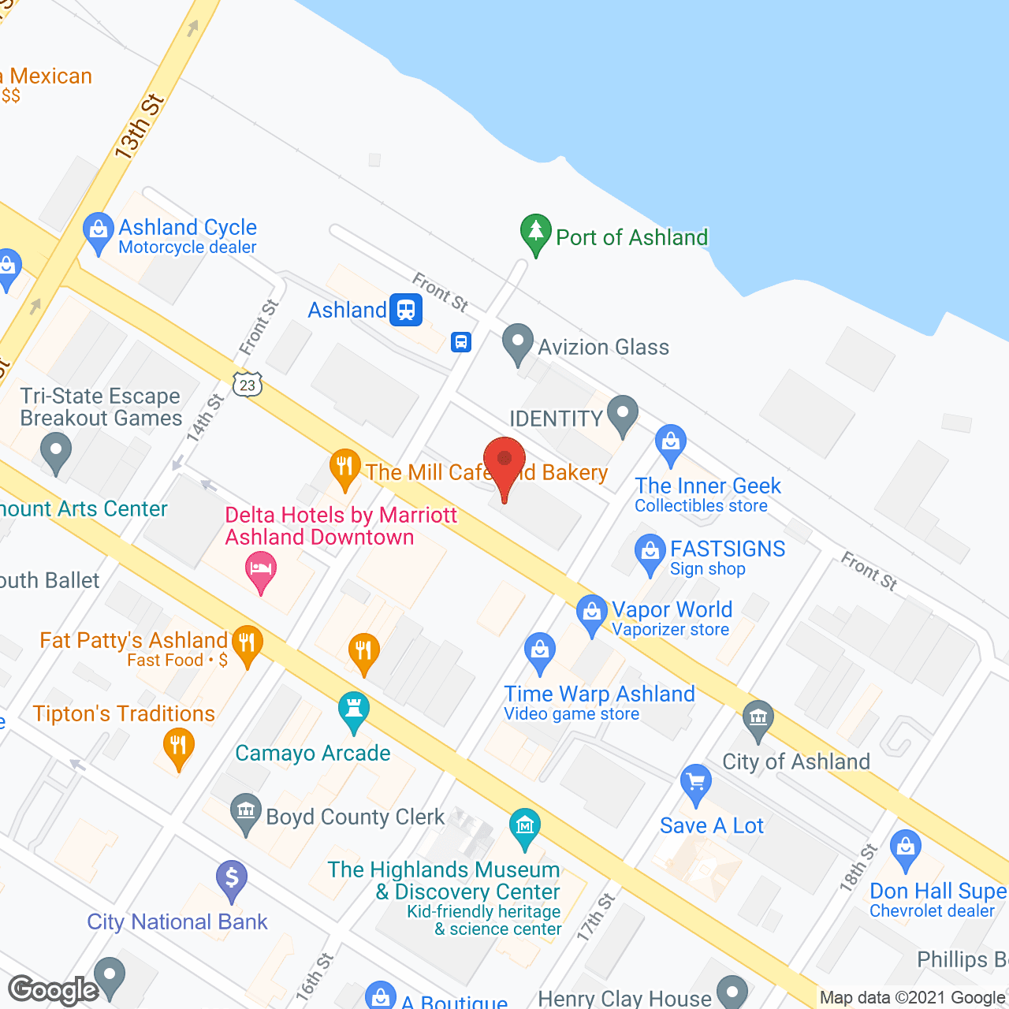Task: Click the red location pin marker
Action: tap(504, 462)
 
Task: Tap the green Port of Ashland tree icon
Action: tap(536, 233)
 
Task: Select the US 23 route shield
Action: tap(248, 384)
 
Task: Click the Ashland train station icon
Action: tap(406, 310)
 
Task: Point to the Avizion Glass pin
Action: tap(518, 344)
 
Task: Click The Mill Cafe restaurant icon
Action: tap(344, 467)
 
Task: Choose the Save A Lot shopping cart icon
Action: tap(695, 783)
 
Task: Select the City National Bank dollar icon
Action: tap(232, 878)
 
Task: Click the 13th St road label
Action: tap(140, 126)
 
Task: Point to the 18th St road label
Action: tap(858, 867)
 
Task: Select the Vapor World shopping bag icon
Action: tap(591, 612)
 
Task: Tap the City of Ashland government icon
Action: tap(758, 719)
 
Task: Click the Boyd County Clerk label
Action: tap(355, 817)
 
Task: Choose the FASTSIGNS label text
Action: tap(728, 549)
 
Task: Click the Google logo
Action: tap(54, 990)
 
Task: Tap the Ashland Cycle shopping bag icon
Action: tap(98, 231)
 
